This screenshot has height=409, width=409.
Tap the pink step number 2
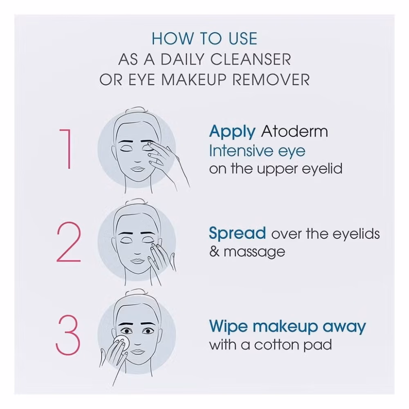pos(69,242)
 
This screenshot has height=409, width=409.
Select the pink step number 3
pos(68,335)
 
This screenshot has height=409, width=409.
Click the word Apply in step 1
pos(232,132)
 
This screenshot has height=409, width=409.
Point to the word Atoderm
pos(294,131)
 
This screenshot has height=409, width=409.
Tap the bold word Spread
pos(237,233)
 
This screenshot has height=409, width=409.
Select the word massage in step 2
pos(254,252)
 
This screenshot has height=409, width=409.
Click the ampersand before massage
pos(214,252)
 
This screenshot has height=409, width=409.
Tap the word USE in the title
pos(243,38)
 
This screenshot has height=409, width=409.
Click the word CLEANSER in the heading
pos(250,59)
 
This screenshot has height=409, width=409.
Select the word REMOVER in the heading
pos(271,80)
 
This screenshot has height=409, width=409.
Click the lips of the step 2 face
pos(136,261)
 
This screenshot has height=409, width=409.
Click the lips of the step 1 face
pos(136,169)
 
